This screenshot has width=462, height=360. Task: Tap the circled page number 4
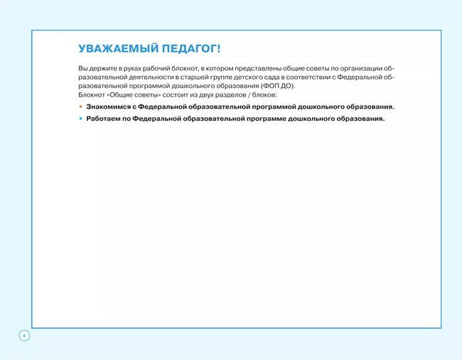(23, 334)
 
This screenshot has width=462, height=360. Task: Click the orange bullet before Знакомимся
(80, 107)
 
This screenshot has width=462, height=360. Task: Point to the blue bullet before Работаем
(80, 119)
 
